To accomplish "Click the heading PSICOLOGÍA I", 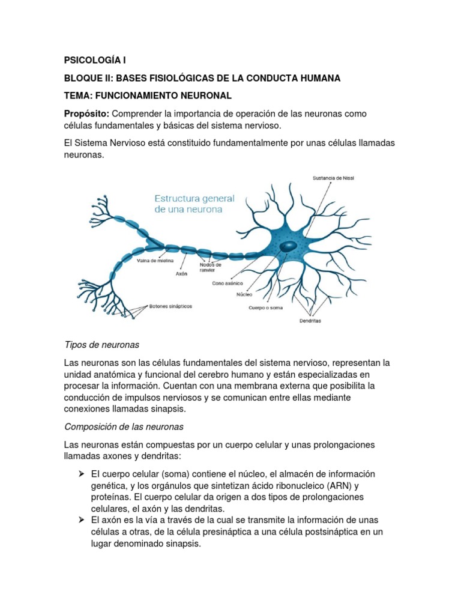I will pos(95,61).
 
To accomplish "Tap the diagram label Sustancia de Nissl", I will pos(334,178).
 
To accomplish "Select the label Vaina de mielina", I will pos(155,261).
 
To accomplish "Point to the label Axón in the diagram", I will pos(181,274).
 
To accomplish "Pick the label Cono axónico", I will pos(227,283).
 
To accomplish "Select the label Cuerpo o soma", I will pos(265,308).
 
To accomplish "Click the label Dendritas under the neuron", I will pos(310,321).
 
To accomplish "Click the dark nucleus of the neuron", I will pos(288,246).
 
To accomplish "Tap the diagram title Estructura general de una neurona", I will pos(194,204).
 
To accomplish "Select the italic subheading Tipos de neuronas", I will pos(101,345).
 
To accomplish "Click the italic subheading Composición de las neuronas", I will pos(124,426).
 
